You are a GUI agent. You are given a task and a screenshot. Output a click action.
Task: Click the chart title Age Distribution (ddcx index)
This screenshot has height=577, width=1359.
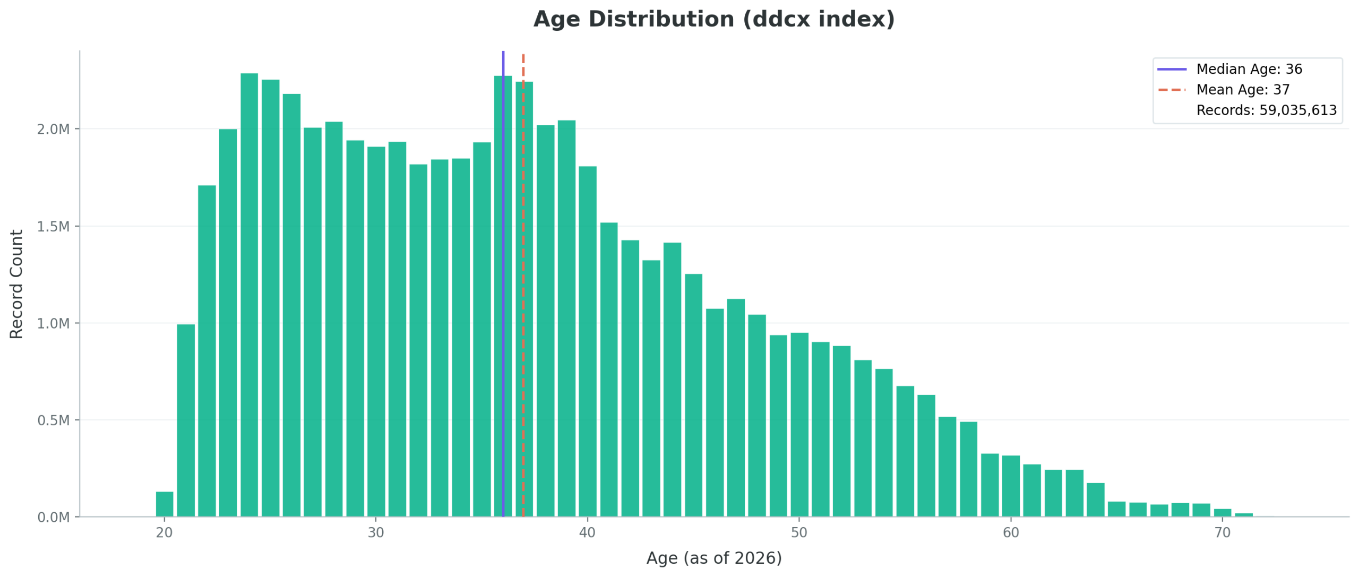[713, 20]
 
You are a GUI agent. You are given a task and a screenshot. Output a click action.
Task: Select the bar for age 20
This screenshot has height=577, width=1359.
[165, 504]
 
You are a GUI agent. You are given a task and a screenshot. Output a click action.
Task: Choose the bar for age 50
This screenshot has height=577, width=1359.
[799, 425]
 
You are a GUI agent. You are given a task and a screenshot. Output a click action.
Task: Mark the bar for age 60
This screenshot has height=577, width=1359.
[1010, 486]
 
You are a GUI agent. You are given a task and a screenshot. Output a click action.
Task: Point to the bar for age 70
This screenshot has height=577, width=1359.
[1222, 512]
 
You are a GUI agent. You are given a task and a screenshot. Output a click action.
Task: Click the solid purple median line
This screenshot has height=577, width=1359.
[503, 265]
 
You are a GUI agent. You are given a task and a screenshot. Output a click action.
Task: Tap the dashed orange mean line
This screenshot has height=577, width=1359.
[523, 318]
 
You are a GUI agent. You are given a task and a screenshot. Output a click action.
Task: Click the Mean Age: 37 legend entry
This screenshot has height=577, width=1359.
[1242, 90]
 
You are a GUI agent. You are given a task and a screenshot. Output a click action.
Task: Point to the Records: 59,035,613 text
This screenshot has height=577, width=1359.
[1266, 110]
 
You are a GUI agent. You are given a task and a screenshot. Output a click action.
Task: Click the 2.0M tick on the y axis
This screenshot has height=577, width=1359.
[53, 130]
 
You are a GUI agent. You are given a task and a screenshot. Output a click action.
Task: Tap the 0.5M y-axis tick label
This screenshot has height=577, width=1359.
[53, 420]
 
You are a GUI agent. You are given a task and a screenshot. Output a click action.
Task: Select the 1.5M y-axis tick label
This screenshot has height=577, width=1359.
[53, 227]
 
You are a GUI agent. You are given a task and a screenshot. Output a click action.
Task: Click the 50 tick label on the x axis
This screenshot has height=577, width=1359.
[799, 532]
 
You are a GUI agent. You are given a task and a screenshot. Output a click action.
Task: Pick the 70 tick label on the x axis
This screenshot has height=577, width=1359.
[1222, 532]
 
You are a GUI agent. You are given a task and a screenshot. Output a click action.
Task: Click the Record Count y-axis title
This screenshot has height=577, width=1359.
[16, 284]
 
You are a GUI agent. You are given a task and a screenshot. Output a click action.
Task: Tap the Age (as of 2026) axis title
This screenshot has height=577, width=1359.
[713, 558]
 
